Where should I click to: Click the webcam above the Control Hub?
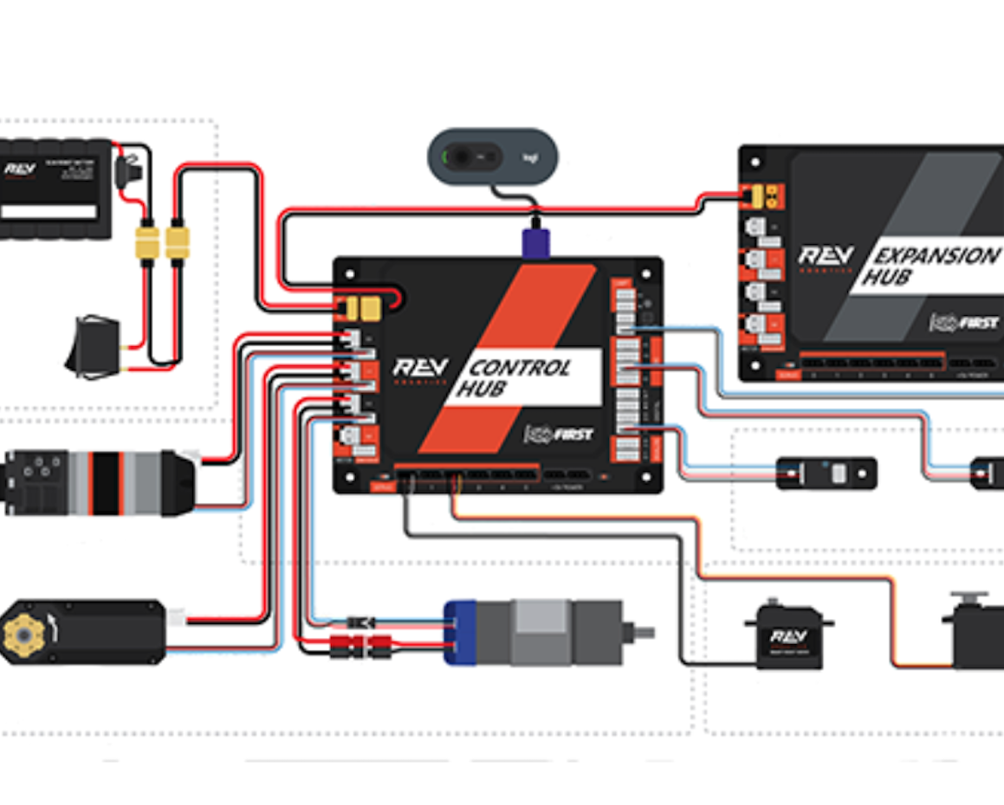[493, 157]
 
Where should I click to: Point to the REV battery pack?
[56, 189]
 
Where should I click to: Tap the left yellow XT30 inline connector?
[147, 243]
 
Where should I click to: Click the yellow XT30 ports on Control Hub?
[364, 307]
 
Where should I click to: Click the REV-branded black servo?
[788, 639]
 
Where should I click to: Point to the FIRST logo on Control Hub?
[558, 434]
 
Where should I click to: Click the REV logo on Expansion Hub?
[826, 258]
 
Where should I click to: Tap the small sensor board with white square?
[827, 473]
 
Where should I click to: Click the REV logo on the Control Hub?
[420, 370]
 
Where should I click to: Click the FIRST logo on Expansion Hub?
[963, 323]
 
